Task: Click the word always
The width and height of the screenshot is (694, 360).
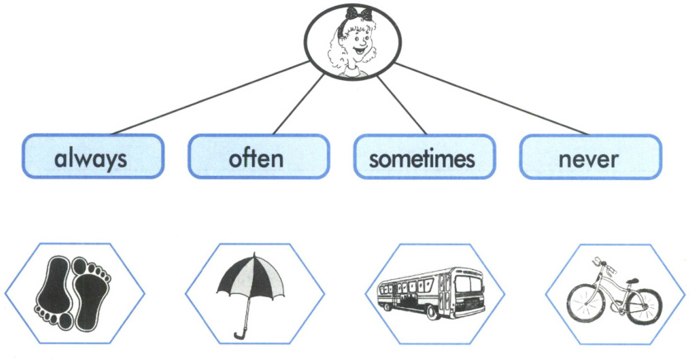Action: [x=92, y=158]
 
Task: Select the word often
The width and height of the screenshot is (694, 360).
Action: [x=256, y=158]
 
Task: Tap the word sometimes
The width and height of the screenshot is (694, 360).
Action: [x=422, y=158]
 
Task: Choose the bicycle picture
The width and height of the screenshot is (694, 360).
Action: [x=613, y=293]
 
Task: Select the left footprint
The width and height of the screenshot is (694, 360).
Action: [x=54, y=290]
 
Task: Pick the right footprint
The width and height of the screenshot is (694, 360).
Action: [x=91, y=289]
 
